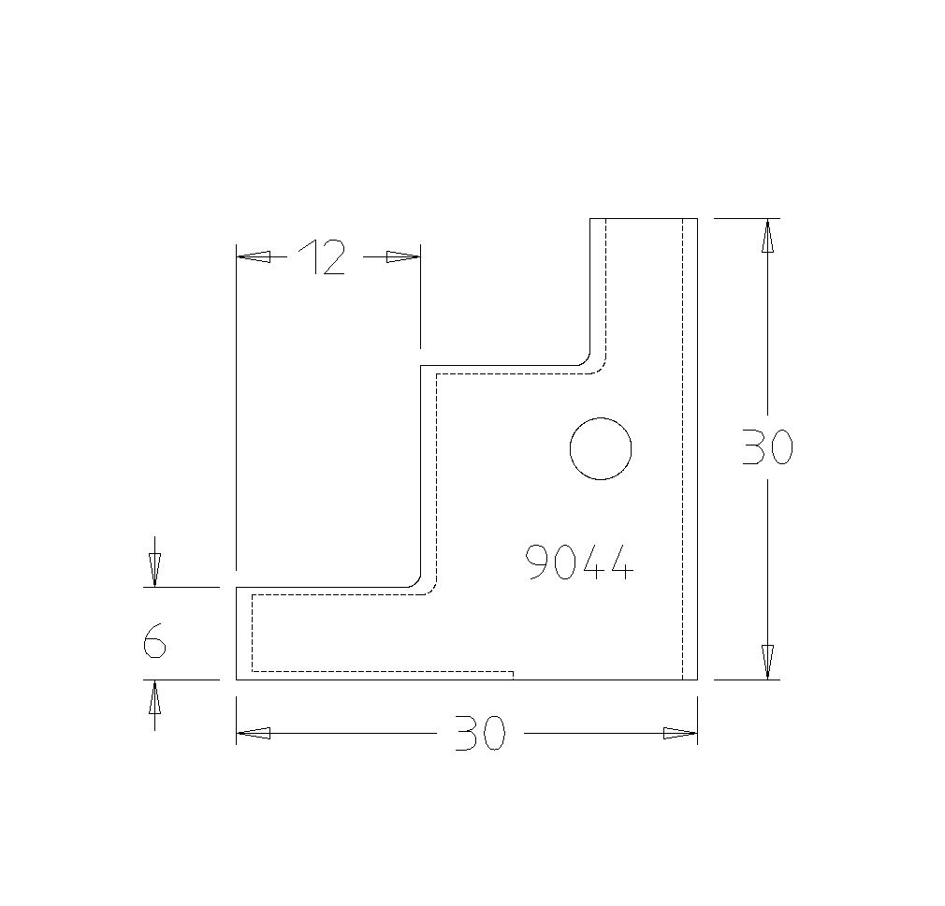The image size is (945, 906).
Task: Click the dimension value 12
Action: coord(322,257)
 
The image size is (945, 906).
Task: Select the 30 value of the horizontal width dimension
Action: coord(480,734)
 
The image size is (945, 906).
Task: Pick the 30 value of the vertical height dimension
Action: coord(767,448)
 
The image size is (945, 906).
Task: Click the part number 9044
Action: coord(580,563)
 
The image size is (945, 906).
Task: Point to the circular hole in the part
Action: coord(601,448)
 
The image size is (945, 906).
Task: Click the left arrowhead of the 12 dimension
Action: coord(254,256)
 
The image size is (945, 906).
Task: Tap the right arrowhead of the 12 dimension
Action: coord(403,256)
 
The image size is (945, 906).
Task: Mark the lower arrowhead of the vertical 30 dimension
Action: coord(767,662)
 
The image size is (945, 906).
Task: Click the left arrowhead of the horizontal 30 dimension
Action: coord(254,734)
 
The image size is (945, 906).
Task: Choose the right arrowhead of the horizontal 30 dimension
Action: coord(680,734)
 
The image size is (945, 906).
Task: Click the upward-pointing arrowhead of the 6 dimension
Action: coord(154,697)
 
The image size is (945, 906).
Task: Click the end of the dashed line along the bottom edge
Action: coord(513,672)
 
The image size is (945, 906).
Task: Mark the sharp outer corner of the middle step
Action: coord(421,366)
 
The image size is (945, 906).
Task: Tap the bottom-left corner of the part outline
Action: coord(236,679)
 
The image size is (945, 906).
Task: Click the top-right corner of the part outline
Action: coord(698,218)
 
